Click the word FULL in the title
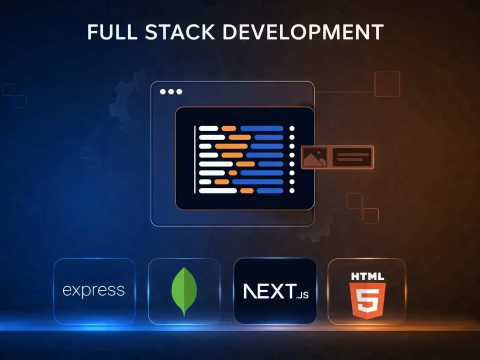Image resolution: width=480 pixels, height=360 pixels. [112, 32]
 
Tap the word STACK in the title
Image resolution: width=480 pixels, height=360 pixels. [180, 32]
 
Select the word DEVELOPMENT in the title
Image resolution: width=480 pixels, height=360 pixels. [303, 32]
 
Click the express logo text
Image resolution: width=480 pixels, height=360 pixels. [94, 290]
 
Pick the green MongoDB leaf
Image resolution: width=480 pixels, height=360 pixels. [184, 291]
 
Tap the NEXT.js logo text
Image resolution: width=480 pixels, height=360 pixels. [276, 291]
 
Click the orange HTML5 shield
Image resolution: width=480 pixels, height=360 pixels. [367, 300]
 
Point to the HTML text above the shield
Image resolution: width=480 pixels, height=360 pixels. [367, 277]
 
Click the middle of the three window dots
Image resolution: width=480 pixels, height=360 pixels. [171, 92]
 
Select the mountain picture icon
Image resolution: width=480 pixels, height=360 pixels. [315, 157]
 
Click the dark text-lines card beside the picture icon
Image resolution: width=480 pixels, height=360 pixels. [352, 157]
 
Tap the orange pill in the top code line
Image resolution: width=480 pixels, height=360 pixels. [228, 128]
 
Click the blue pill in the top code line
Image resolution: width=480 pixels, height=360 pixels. [262, 128]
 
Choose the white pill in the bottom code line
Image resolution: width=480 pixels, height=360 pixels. [218, 191]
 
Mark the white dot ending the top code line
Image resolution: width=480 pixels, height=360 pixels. [292, 128]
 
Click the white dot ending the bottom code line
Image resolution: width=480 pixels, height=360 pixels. [292, 191]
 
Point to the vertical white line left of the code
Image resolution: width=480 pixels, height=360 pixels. [195, 159]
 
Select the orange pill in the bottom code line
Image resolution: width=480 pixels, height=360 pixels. [247, 191]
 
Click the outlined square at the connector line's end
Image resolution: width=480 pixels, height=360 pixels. [387, 84]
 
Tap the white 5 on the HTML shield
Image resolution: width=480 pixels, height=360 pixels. [367, 301]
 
